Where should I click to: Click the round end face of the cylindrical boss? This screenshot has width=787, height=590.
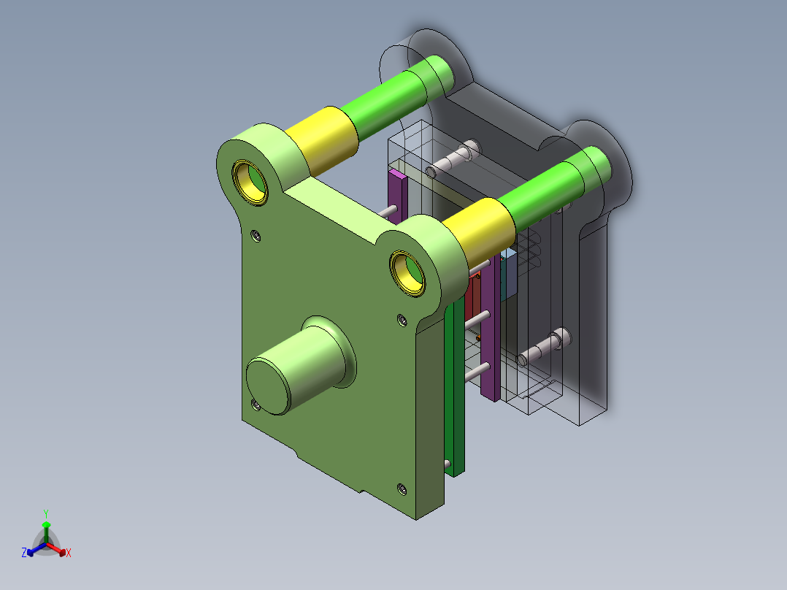tap(269, 386)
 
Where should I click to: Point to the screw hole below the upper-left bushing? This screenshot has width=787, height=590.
tap(255, 235)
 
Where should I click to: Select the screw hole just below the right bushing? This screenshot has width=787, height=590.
tap(401, 318)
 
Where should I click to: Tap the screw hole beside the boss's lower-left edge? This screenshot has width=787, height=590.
tap(256, 403)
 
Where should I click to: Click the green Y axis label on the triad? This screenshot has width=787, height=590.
tap(45, 513)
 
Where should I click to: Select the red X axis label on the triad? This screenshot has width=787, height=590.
tap(69, 553)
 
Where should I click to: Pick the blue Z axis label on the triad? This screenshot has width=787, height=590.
tap(24, 553)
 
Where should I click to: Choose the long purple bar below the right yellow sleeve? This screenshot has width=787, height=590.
tap(491, 329)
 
